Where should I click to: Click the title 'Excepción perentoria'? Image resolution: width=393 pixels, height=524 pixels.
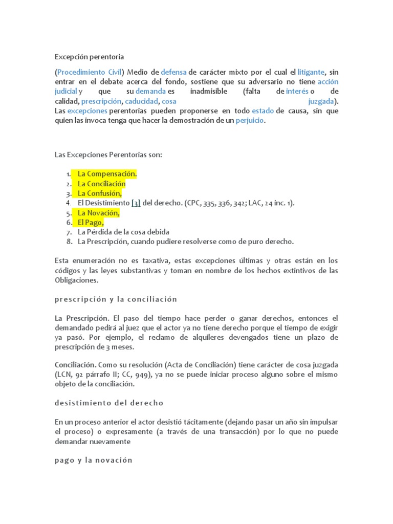tap(90, 57)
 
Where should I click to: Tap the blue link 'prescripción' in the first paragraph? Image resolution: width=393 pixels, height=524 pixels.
tap(101, 101)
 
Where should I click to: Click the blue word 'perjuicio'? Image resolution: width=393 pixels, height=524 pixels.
tap(251, 120)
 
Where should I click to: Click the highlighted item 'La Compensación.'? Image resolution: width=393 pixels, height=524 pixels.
tap(107, 174)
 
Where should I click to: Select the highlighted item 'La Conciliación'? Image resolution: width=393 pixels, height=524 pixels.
tap(101, 184)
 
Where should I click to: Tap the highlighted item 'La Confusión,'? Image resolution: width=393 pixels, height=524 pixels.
tap(100, 193)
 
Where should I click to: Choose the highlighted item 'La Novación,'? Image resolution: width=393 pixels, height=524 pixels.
tap(98, 213)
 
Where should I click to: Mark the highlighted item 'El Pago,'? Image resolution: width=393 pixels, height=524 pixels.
tap(91, 223)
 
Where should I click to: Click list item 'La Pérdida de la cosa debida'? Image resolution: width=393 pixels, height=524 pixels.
tap(123, 232)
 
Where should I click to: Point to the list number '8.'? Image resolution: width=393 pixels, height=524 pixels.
tap(69, 242)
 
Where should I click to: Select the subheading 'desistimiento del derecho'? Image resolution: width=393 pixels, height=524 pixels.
tap(108, 403)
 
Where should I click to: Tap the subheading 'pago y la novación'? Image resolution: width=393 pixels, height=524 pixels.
tap(93, 460)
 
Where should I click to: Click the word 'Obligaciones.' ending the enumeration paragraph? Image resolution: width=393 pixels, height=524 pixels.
tap(76, 280)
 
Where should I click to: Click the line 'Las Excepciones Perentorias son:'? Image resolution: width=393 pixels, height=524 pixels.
tap(108, 155)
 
